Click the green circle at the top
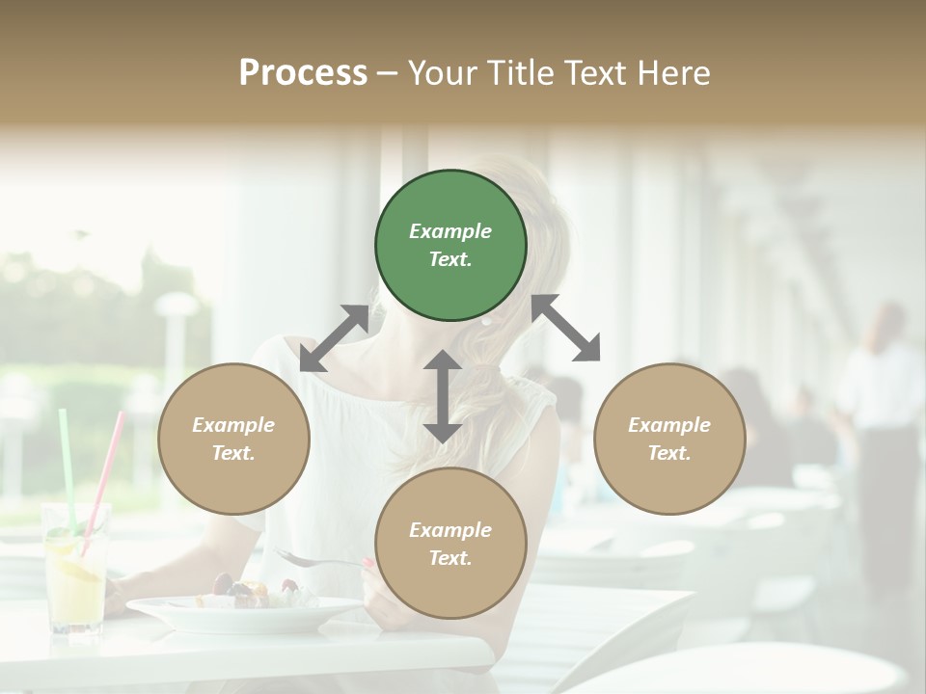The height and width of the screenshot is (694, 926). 450,246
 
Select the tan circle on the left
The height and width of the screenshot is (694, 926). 233,439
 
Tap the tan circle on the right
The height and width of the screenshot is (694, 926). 669,439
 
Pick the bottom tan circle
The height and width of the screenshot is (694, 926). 450,544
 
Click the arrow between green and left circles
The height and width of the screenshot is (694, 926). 334,338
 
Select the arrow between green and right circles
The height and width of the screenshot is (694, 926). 566,328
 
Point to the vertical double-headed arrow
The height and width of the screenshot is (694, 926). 442,396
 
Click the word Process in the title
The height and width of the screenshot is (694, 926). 303,72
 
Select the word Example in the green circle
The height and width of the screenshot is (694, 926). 450,231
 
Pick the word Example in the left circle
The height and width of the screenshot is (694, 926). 233,425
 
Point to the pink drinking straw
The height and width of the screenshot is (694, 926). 104,482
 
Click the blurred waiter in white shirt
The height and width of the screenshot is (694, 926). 880,405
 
